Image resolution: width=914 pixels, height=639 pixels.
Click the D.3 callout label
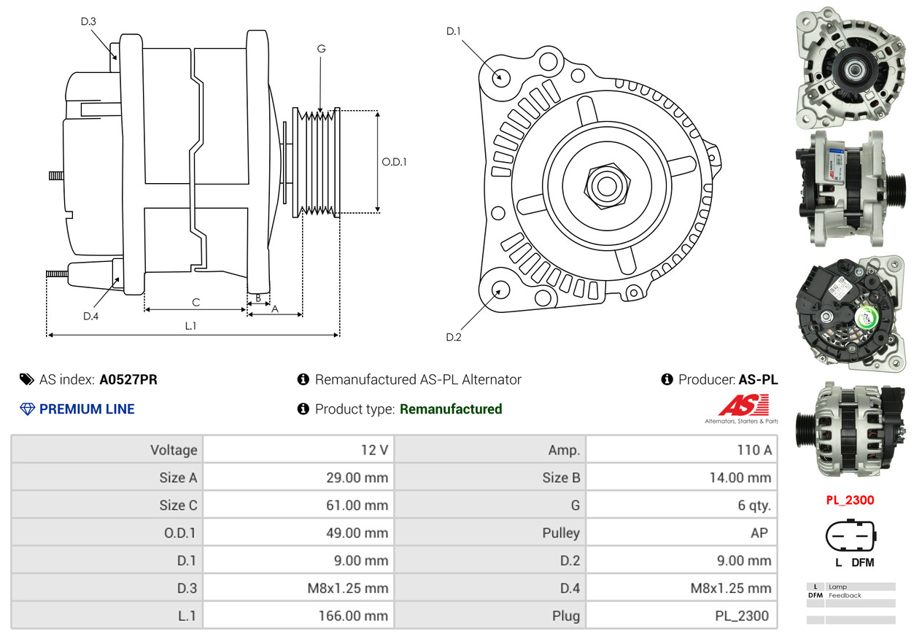(88, 21)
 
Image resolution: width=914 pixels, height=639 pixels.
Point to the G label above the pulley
(321, 49)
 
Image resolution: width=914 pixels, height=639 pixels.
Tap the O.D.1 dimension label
(394, 162)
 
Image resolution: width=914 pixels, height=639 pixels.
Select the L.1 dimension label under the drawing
(190, 326)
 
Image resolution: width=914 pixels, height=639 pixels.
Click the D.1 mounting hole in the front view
(500, 77)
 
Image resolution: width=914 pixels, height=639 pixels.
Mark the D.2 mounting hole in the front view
(500, 290)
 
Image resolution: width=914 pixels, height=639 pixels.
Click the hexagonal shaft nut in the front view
(605, 185)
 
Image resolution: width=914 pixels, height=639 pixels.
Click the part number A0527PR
(128, 379)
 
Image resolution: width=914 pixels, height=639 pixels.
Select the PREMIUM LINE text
(87, 409)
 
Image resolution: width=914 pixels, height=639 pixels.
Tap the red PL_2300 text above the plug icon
(850, 500)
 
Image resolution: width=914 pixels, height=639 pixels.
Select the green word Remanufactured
(451, 409)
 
